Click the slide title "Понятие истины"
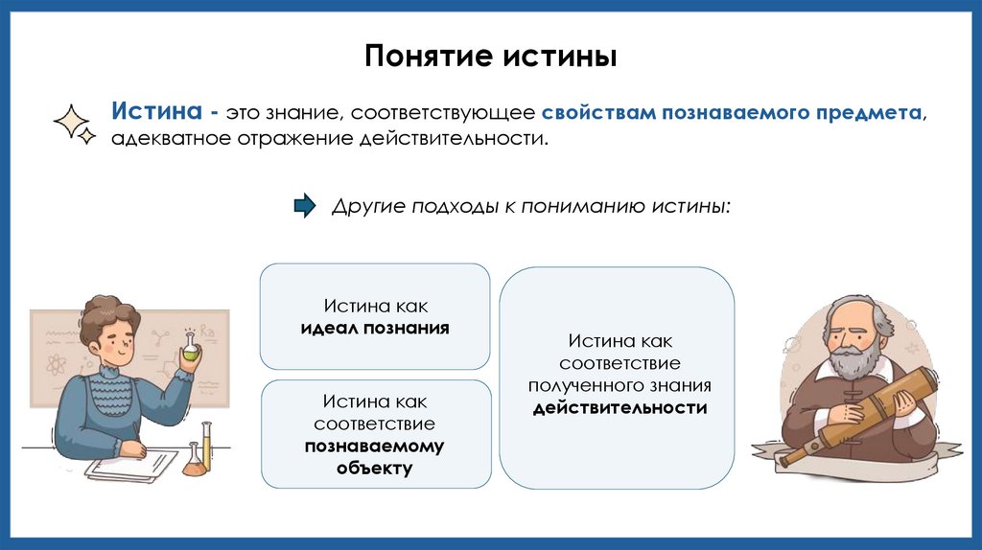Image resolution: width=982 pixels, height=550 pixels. coord(490,55)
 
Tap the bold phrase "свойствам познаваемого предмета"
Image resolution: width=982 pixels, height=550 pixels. coord(731,112)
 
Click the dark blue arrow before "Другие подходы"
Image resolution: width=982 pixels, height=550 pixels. coord(304,206)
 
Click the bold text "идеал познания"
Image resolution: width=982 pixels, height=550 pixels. coord(375,328)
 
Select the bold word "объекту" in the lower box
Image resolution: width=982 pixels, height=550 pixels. coord(375,469)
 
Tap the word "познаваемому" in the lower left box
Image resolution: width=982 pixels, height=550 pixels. coord(375,446)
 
